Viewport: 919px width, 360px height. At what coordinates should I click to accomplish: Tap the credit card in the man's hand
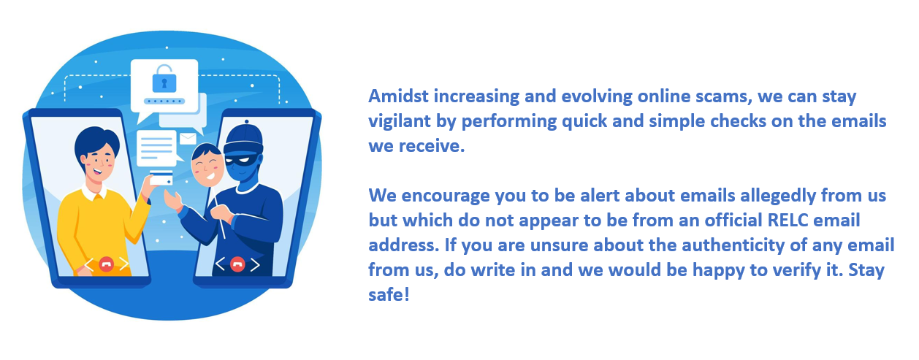[x=161, y=178]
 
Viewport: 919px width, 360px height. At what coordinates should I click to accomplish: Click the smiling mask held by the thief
[x=207, y=164]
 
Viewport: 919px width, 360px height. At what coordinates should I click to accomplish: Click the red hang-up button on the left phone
[x=106, y=264]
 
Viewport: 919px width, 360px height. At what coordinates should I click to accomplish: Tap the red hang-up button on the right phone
[x=237, y=264]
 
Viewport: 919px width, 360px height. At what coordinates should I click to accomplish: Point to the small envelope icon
[x=188, y=139]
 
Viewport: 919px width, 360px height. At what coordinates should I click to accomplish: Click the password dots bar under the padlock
[x=164, y=101]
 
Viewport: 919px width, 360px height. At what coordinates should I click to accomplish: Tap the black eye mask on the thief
[x=242, y=161]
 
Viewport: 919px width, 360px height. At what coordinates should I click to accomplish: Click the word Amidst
[x=398, y=96]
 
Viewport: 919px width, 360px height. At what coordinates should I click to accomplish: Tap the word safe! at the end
[x=389, y=295]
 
